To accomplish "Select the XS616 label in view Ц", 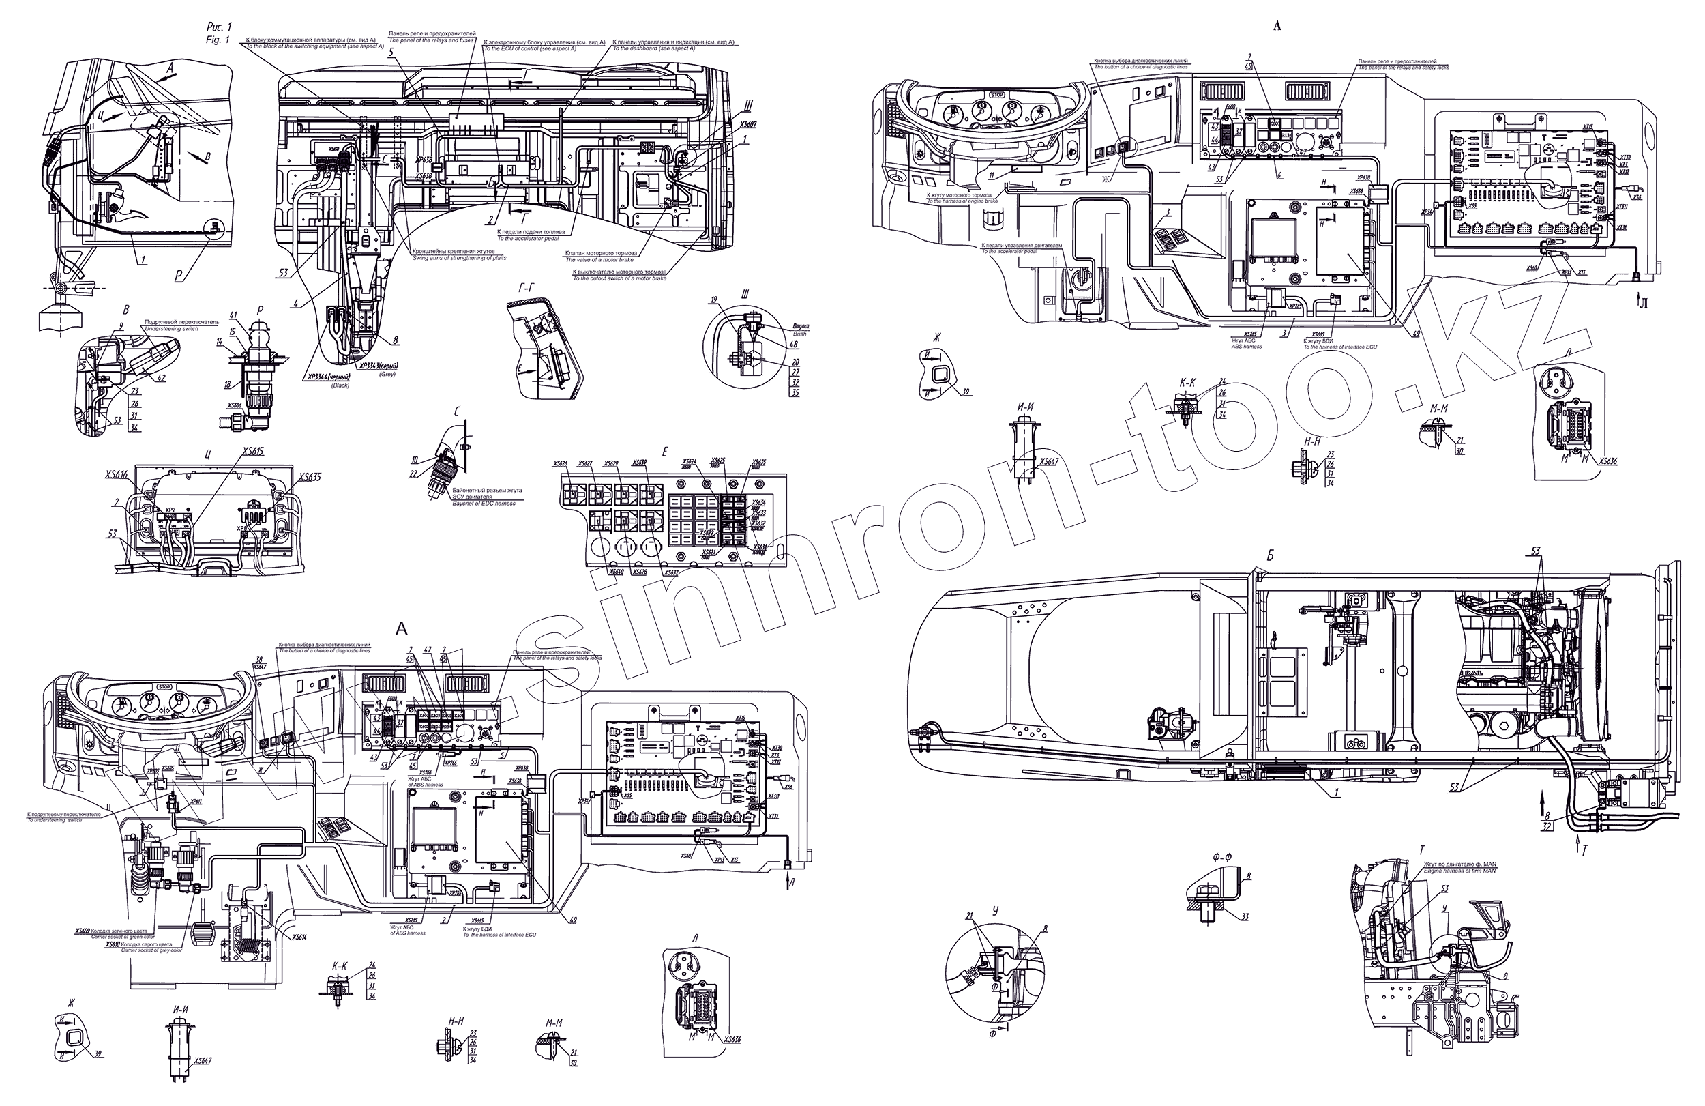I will point(117,476).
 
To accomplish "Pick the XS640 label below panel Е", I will point(616,572).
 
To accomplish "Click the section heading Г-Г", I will point(527,287).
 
